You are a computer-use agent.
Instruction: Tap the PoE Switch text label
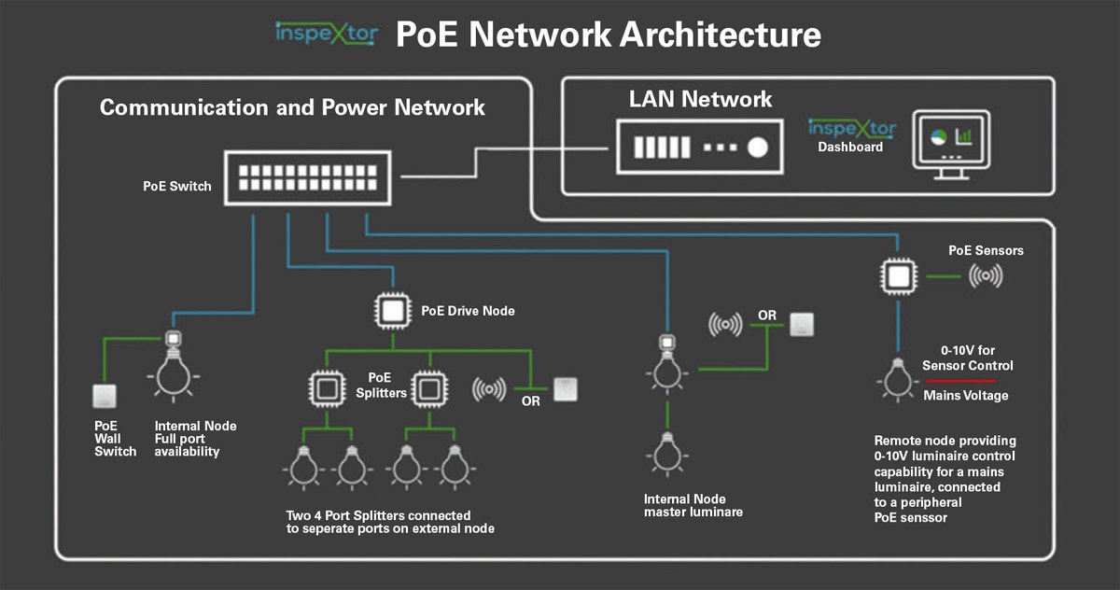(177, 186)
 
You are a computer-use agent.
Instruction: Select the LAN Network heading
(700, 99)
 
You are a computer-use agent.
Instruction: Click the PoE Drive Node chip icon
(391, 310)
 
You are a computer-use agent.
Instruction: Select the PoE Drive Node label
(468, 310)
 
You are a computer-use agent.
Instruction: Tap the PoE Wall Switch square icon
(105, 396)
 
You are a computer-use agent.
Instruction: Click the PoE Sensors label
(986, 250)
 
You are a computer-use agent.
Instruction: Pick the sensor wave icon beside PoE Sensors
(987, 276)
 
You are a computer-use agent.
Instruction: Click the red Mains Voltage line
(959, 381)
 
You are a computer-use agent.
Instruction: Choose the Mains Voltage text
(965, 396)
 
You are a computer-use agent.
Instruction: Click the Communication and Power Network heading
(292, 107)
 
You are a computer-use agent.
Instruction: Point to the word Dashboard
(850, 147)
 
